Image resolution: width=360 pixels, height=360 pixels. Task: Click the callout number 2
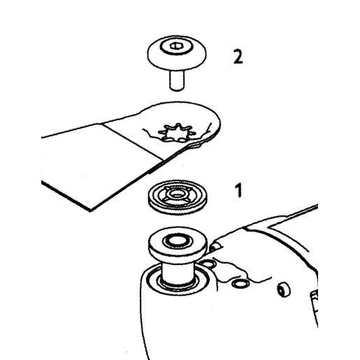238,57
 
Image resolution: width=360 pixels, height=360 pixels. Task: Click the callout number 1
238,190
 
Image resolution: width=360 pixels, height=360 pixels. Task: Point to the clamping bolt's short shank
177,80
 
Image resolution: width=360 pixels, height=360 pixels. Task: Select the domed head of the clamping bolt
177,53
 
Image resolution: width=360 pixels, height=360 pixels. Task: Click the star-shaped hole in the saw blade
178,133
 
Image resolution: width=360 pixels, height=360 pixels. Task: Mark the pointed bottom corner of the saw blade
91,210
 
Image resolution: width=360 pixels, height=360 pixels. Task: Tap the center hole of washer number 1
176,194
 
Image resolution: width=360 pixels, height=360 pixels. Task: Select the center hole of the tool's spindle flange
177,241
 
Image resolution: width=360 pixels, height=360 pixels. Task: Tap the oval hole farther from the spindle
240,284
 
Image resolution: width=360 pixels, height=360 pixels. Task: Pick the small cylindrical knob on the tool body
284,289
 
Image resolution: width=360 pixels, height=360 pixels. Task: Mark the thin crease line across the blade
132,142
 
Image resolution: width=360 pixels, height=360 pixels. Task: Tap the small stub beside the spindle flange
215,247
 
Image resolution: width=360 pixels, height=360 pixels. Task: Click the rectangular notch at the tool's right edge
314,299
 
